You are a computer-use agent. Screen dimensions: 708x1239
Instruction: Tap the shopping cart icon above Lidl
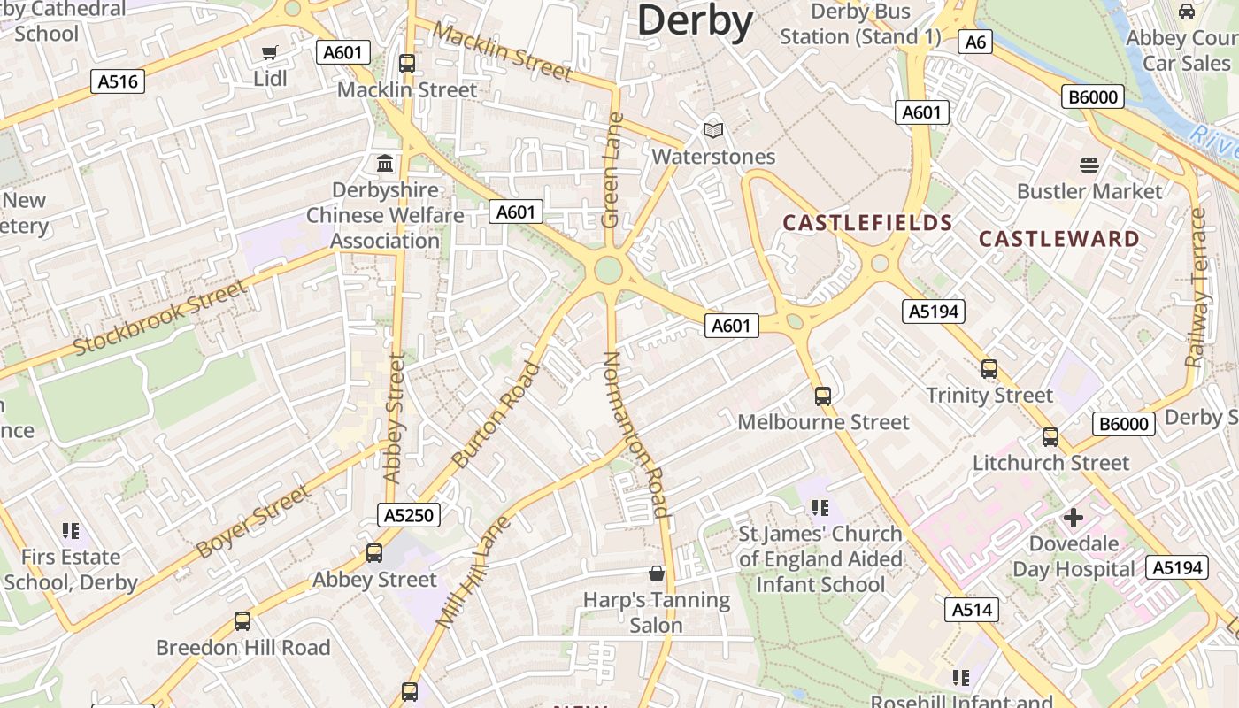tap(270, 53)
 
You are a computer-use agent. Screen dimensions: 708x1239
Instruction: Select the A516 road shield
tap(118, 81)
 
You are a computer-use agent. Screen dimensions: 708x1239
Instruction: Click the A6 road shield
tap(974, 42)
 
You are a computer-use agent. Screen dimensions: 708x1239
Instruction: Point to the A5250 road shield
tap(409, 515)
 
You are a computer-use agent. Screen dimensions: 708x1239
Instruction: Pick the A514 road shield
tap(971, 609)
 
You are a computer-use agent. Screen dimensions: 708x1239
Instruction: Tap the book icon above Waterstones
tap(713, 131)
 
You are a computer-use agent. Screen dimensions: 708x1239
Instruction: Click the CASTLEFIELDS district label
tap(867, 223)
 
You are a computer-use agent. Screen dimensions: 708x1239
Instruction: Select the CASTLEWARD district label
tap(1059, 239)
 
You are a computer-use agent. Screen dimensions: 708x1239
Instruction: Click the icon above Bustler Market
tap(1089, 165)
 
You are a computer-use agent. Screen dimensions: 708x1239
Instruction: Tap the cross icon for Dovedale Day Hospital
tap(1074, 517)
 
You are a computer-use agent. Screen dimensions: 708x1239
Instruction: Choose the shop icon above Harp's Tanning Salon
tap(657, 573)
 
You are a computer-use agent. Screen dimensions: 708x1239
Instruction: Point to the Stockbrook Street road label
tap(160, 318)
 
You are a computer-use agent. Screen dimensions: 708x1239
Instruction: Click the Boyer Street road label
tap(254, 521)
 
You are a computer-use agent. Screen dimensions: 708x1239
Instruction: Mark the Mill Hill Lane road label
tap(474, 573)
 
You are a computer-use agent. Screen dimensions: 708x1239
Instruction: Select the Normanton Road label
tap(635, 434)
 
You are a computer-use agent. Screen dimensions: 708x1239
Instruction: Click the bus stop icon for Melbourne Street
tap(823, 396)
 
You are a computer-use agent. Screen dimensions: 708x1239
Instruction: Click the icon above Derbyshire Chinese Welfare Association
tap(385, 164)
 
